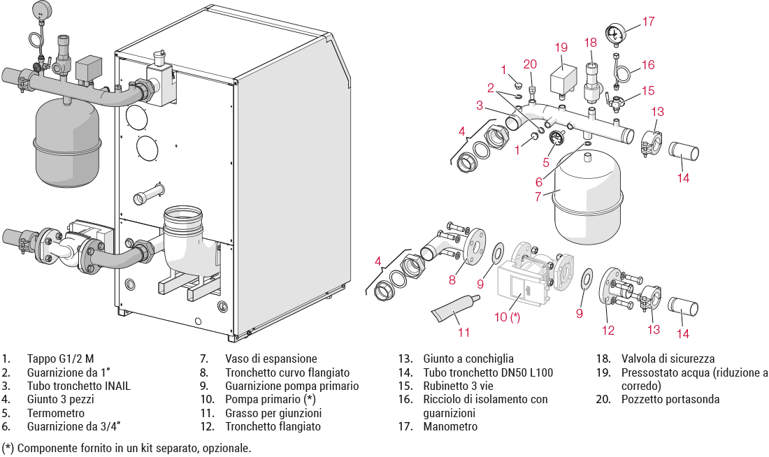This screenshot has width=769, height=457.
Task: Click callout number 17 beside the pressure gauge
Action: coord(649,22)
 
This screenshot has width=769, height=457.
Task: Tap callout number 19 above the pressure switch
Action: coord(561,48)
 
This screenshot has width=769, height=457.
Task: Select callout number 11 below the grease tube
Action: coord(463,333)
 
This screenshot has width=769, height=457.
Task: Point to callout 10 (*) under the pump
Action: coord(508,317)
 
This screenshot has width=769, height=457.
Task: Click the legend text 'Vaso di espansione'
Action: coord(271,358)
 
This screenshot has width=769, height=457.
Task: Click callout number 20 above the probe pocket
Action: coord(531,64)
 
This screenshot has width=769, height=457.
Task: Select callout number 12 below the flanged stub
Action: coord(608,331)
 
